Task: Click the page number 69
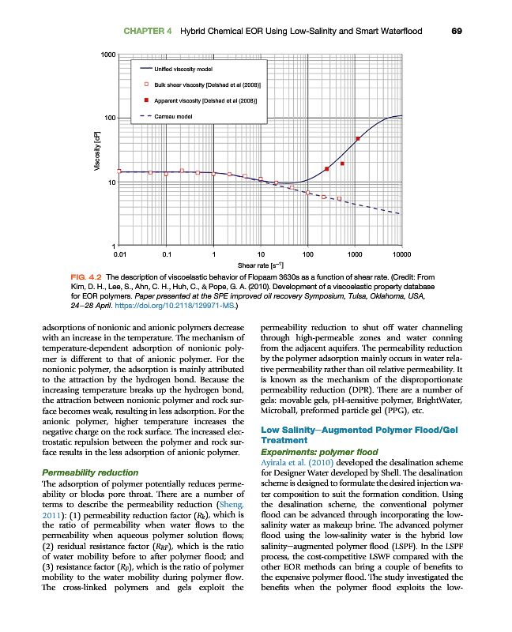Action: (456, 31)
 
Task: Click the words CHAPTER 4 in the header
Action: (148, 31)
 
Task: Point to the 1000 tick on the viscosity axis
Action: (108, 55)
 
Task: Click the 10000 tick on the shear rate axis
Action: (401, 254)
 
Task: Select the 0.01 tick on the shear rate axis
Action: (119, 254)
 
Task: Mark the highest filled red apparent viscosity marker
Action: (358, 139)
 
